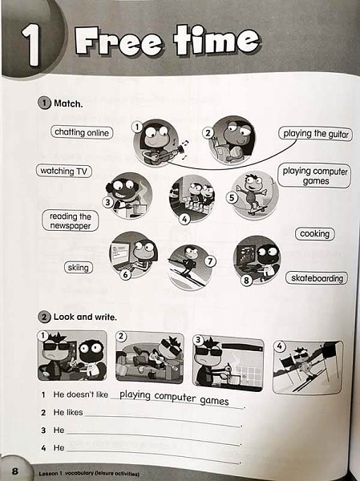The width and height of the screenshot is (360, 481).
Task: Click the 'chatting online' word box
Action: pyautogui.click(x=82, y=132)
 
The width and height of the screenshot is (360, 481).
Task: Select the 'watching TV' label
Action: pyautogui.click(x=64, y=171)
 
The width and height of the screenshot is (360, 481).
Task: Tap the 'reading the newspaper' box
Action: pyautogui.click(x=71, y=221)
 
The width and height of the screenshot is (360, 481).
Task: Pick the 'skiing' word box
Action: pyautogui.click(x=79, y=268)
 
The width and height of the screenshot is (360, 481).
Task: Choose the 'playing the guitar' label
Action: pyautogui.click(x=315, y=134)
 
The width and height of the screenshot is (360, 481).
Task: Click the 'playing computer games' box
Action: pyautogui.click(x=314, y=176)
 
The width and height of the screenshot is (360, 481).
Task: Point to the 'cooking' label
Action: pyautogui.click(x=314, y=234)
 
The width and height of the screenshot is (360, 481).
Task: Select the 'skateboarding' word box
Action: pyautogui.click(x=317, y=278)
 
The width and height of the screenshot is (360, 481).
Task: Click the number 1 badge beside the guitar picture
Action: pyautogui.click(x=137, y=127)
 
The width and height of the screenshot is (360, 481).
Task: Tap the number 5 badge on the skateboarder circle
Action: pyautogui.click(x=232, y=198)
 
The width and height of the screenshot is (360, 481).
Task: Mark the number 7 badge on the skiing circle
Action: pyautogui.click(x=210, y=261)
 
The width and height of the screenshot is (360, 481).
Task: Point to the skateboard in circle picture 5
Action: pyautogui.click(x=257, y=210)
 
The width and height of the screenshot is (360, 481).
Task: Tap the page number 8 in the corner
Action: pyautogui.click(x=14, y=471)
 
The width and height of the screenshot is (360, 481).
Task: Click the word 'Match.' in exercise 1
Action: pyautogui.click(x=68, y=103)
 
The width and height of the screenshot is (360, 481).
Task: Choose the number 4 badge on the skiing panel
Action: pyautogui.click(x=279, y=346)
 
